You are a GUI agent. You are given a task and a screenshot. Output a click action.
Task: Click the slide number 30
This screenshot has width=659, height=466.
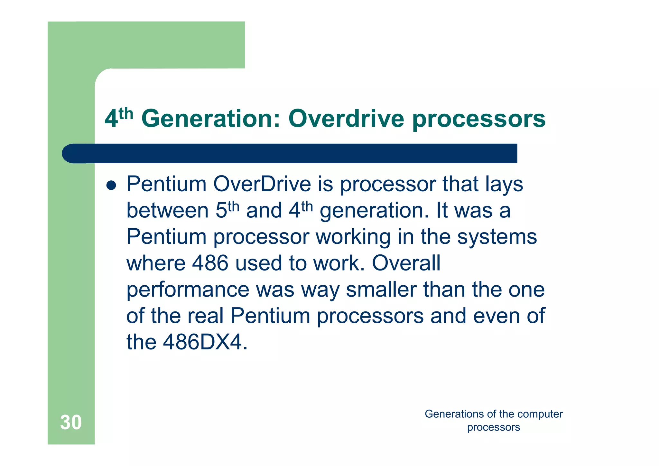pyautogui.click(x=71, y=422)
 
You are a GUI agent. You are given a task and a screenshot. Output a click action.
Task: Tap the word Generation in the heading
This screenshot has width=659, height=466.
pyautogui.click(x=211, y=119)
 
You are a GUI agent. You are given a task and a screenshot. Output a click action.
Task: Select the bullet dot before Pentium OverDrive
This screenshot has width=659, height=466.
pyautogui.click(x=111, y=185)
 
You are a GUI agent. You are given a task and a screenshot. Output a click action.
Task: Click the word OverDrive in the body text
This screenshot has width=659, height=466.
pyautogui.click(x=262, y=184)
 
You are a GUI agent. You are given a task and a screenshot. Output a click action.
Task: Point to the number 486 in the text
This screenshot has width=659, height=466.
pyautogui.click(x=210, y=263)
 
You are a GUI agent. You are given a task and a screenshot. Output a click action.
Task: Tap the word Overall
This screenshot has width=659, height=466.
pyautogui.click(x=406, y=263)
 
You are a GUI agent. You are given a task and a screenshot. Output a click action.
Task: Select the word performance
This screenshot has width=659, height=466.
pyautogui.click(x=188, y=290)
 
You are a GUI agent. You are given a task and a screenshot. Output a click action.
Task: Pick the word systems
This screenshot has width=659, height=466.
pyautogui.click(x=497, y=237)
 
